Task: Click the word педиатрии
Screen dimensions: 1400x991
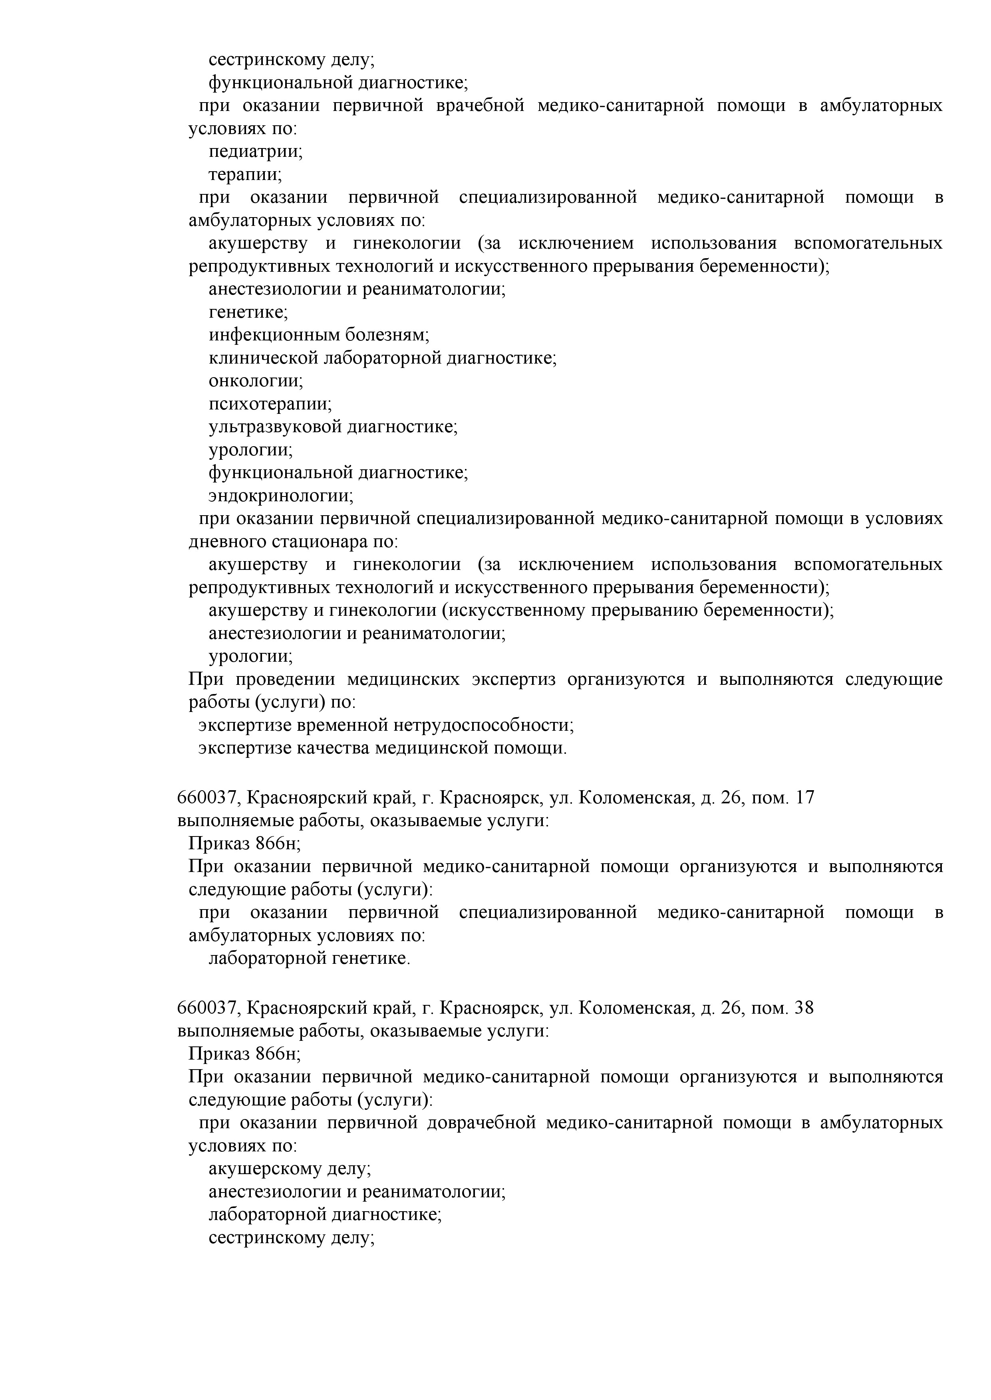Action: [x=255, y=152]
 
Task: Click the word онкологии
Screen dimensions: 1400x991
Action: [x=255, y=381]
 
